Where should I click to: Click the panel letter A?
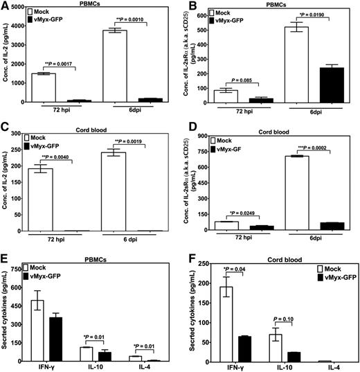click(x=5, y=6)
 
